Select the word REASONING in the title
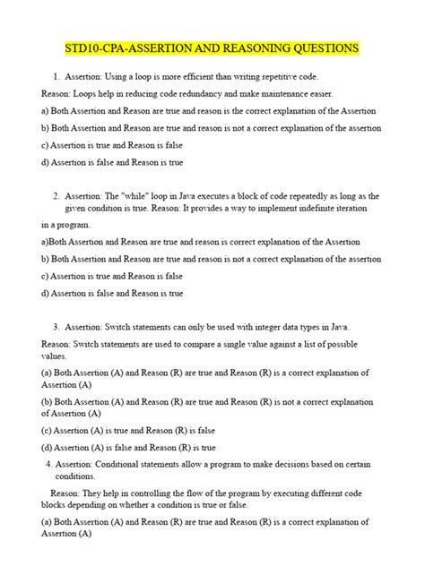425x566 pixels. tap(237, 47)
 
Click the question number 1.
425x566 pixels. tap(56, 77)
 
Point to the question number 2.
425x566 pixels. tap(56, 195)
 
